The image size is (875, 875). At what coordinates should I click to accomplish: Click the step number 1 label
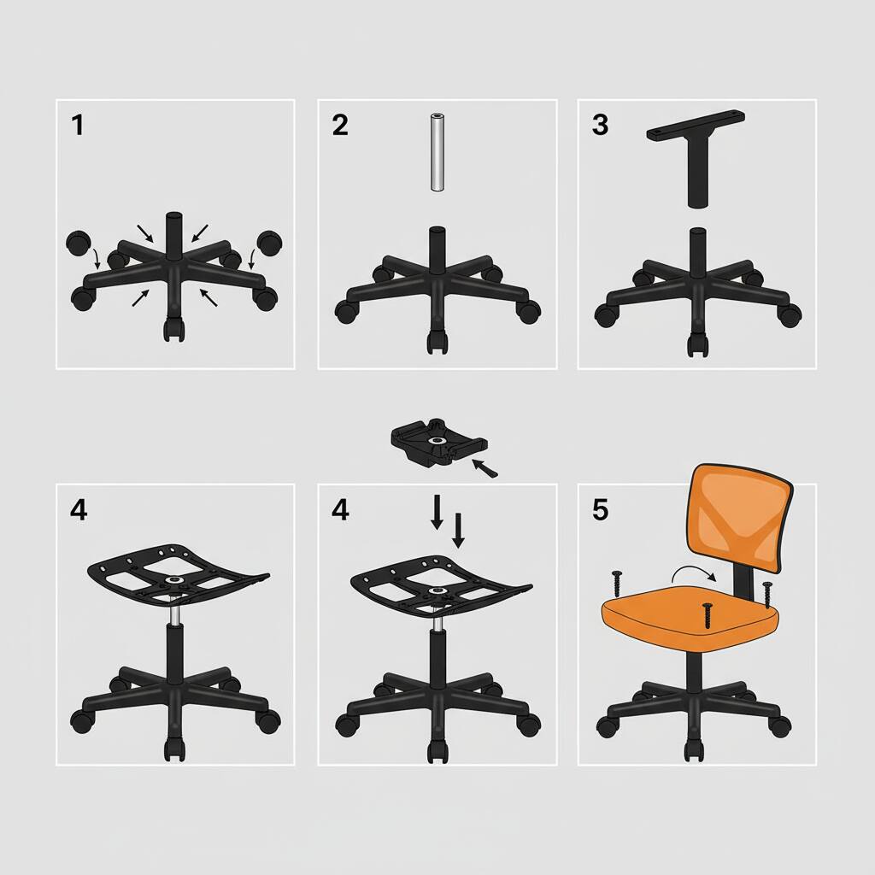(78, 126)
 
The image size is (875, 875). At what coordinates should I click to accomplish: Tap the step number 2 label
(340, 126)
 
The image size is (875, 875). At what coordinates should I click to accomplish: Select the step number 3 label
(600, 125)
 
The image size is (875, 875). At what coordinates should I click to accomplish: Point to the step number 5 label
(600, 510)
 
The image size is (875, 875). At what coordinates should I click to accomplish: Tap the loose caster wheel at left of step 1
(79, 244)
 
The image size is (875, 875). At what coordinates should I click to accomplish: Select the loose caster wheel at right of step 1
(270, 242)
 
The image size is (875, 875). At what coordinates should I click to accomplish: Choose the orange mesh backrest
(740, 523)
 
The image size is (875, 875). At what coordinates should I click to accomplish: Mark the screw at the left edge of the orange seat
(614, 585)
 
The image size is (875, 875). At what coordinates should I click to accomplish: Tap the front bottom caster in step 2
(437, 343)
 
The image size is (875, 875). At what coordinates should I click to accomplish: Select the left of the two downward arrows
(437, 512)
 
